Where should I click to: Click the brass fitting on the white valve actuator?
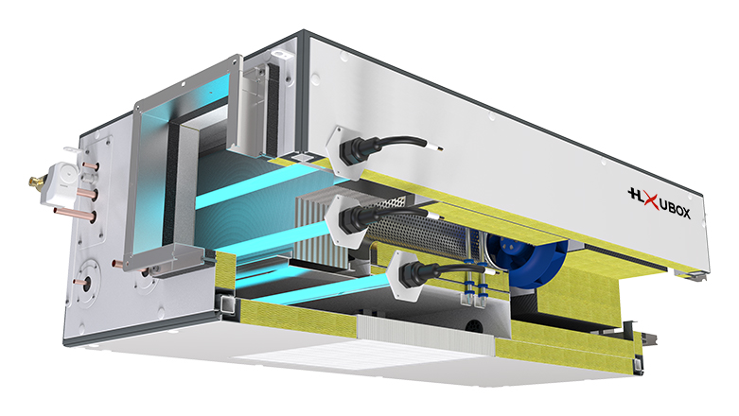(x=37, y=180)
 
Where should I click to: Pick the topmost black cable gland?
(x=358, y=148)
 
